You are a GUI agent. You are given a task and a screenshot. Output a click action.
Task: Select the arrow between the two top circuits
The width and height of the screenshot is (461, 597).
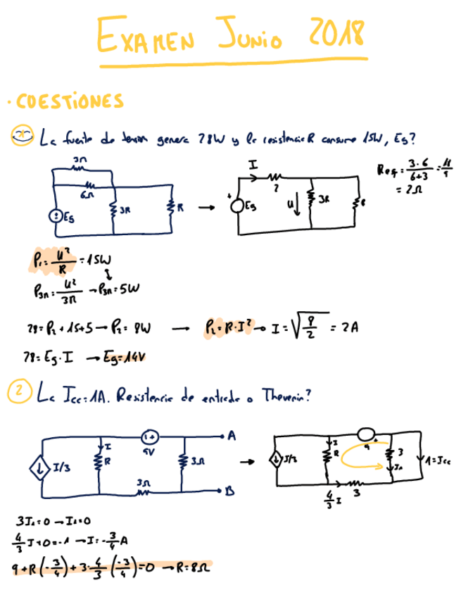(206, 208)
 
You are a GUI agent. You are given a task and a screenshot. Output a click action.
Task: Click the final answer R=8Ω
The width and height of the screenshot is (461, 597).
(192, 566)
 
